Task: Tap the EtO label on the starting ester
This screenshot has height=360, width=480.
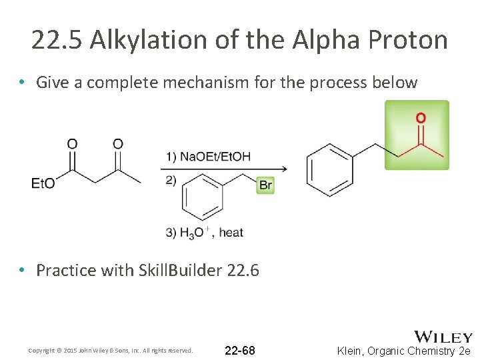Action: tap(43, 183)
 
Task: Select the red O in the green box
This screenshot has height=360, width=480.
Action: tap(421, 119)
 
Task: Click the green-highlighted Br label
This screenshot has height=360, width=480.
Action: tap(265, 185)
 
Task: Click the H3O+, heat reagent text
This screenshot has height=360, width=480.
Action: tap(205, 232)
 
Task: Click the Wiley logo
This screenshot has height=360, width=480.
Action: tap(443, 337)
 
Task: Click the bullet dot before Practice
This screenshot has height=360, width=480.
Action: tap(23, 270)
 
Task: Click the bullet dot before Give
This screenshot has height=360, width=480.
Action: tap(23, 83)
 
